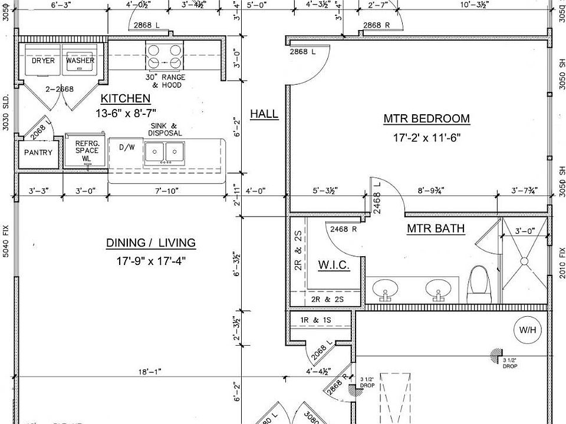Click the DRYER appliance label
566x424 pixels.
(x=43, y=61)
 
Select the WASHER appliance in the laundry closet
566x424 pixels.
(x=80, y=61)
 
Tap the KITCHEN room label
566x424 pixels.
(x=126, y=99)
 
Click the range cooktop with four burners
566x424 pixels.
(x=164, y=57)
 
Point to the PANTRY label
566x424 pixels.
(x=38, y=153)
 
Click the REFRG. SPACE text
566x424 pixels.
(x=87, y=147)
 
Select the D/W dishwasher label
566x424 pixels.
(x=127, y=147)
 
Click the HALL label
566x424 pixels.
(x=264, y=114)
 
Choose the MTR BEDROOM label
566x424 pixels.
(x=426, y=119)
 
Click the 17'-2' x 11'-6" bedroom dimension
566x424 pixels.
(x=426, y=138)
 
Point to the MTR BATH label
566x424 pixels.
(x=436, y=228)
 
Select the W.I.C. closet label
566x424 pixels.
(x=334, y=265)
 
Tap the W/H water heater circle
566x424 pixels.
(x=526, y=330)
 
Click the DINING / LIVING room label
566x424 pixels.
(x=151, y=243)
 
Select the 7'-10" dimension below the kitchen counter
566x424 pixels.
(x=166, y=191)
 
